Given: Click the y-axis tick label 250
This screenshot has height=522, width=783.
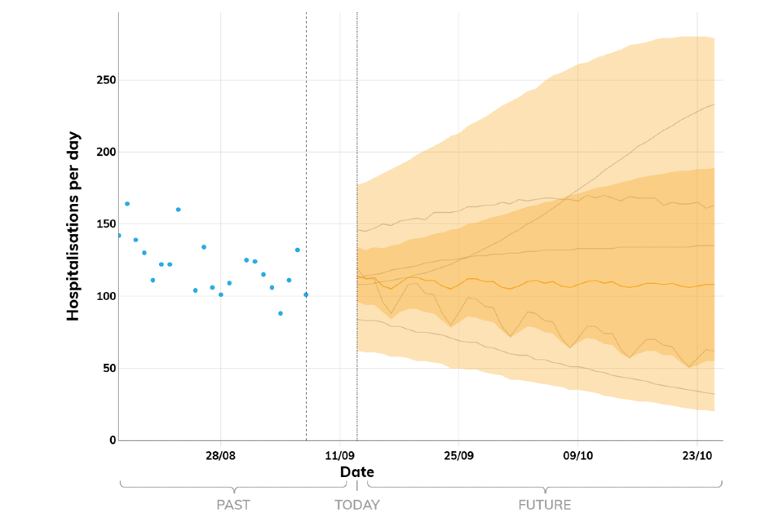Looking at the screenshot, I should (104, 81).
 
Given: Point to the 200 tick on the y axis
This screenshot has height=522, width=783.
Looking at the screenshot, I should (104, 153).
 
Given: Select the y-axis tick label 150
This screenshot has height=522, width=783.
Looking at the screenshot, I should (104, 224).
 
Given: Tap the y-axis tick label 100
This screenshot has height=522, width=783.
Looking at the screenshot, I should (104, 296).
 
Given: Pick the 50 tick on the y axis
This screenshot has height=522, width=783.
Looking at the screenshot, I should (107, 368).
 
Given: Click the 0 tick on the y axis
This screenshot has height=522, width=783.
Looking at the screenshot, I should (111, 440).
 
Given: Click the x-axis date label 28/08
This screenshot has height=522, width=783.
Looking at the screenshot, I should (221, 455).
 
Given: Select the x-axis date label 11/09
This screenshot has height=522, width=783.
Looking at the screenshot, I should (339, 455).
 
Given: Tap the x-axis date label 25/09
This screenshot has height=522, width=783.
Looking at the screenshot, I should (458, 455).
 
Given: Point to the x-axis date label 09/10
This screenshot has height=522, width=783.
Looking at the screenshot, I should (577, 455).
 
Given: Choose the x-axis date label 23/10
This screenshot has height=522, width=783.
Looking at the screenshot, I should (697, 455).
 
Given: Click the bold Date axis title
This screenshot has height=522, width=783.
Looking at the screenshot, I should (357, 472).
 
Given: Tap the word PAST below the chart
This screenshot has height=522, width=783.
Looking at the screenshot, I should (233, 505).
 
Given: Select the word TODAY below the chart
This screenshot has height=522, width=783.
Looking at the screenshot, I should (357, 505).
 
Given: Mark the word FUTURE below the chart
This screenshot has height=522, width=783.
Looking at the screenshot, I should (545, 505).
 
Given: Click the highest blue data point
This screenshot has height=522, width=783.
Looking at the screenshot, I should (127, 204).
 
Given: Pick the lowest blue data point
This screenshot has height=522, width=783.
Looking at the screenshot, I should (281, 313).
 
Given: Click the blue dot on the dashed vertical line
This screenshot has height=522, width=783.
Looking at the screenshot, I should (306, 294).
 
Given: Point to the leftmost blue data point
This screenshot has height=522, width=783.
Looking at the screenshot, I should (119, 236).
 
